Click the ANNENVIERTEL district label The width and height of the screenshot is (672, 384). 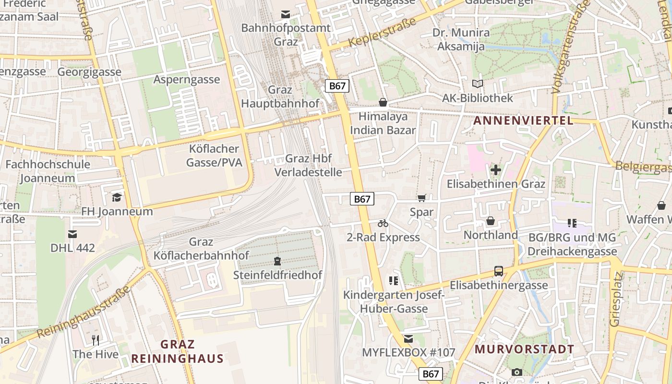click(523, 120)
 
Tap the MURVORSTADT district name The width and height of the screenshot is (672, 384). click(524, 349)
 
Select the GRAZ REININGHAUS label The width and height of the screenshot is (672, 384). click(178, 351)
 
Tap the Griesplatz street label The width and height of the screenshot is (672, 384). click(615, 300)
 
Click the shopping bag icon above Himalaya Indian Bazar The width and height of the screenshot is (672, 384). click(383, 102)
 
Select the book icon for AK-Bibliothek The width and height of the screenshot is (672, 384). click(477, 84)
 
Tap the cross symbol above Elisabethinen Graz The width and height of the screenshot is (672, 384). click(496, 170)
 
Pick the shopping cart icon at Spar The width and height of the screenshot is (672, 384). click(422, 198)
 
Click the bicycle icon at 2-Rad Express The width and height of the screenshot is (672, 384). click(383, 223)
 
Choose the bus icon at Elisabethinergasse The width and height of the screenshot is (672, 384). click(499, 271)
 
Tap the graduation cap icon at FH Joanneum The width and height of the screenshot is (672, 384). click(117, 197)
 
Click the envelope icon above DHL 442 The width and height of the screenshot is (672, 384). click(72, 234)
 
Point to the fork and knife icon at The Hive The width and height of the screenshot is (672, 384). click(96, 340)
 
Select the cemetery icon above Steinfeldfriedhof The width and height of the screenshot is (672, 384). click(277, 261)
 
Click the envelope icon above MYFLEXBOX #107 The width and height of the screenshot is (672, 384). click(408, 339)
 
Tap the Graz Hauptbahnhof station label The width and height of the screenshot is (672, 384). click(280, 96)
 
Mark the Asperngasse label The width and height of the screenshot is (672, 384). click(187, 80)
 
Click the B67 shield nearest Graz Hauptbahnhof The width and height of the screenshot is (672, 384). click(337, 86)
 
